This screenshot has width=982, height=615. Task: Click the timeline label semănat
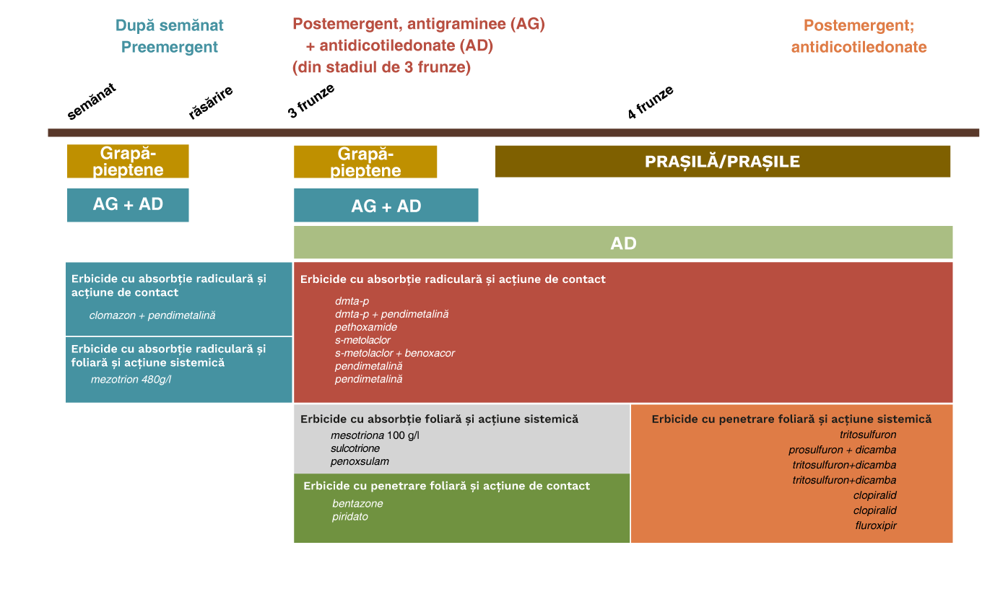pos(91,101)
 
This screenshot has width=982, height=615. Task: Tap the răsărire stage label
pos(210,102)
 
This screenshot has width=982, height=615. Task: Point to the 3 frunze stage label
pos(310,101)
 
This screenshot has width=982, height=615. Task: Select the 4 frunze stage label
pos(650,102)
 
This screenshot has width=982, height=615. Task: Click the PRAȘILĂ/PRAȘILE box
pos(723,161)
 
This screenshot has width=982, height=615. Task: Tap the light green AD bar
pos(623,243)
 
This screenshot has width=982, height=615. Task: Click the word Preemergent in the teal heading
pos(169,47)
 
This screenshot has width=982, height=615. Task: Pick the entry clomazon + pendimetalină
pos(152,315)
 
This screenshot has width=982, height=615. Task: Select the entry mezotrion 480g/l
pos(131,379)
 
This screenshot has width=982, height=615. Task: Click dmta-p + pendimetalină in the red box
pos(391,314)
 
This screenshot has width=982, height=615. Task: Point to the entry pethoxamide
pos(365,327)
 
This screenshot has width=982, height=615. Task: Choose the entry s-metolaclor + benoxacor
pos(394,353)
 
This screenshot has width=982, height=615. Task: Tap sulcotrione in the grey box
pos(355,448)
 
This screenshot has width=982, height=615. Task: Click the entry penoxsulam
pos(360,461)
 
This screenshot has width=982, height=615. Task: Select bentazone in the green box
pos(357,503)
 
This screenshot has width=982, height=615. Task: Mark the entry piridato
pos(349,516)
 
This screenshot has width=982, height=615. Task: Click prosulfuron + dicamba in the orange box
pos(842,450)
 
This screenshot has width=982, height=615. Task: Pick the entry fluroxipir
pos(875,525)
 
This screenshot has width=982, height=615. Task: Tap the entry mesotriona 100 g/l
pos(375,435)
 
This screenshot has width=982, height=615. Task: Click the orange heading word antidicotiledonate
pos(859,47)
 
